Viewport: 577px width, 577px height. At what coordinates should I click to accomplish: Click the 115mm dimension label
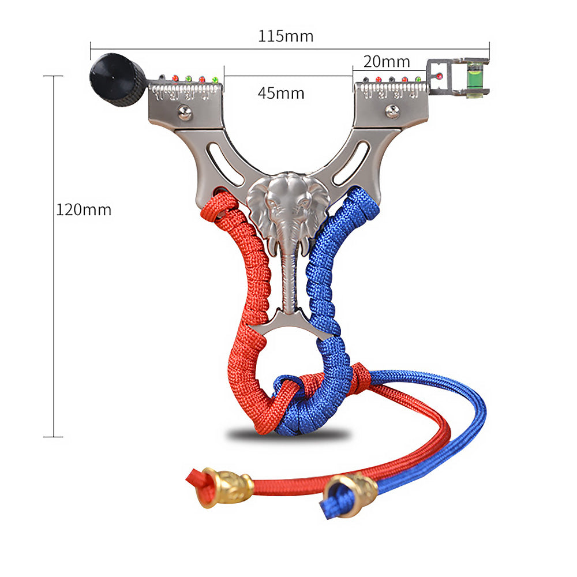[x=286, y=36]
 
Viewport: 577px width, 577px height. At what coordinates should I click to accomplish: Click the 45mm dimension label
[x=281, y=93]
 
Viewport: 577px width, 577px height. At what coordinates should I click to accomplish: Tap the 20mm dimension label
[x=387, y=62]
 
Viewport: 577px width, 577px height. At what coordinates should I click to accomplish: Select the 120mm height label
[x=84, y=210]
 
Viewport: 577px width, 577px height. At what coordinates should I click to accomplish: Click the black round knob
[x=117, y=80]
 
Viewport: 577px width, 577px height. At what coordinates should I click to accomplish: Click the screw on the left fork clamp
[x=185, y=113]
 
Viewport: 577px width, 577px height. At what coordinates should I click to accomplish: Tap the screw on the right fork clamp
[x=392, y=111]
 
